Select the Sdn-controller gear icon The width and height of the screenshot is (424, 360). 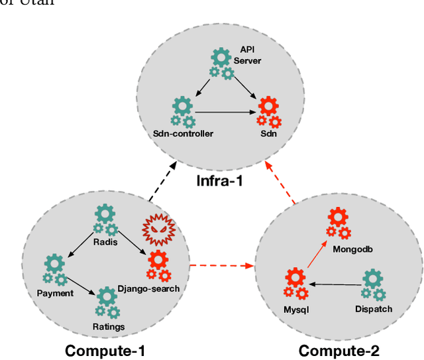click(182, 111)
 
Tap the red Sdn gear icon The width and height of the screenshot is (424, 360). click(269, 111)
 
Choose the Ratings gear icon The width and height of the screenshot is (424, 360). click(107, 302)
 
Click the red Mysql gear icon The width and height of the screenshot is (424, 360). click(295, 282)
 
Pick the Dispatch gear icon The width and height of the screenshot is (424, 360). click(373, 284)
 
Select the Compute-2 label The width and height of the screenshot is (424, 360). click(339, 350)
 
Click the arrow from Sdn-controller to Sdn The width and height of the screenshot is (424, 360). click(225, 112)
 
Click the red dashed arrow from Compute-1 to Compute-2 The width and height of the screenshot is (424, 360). click(222, 267)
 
